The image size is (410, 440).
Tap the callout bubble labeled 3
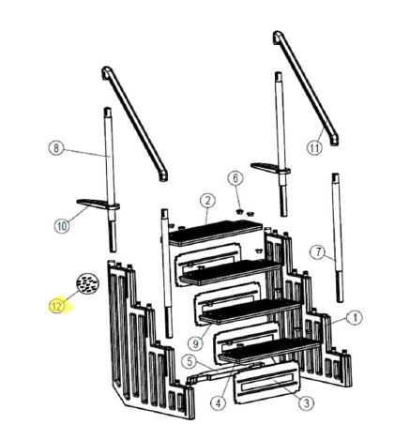304,402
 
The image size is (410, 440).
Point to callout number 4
217,404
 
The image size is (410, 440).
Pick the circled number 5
189,360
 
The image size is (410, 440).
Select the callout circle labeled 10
62,226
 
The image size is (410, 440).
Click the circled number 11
314,147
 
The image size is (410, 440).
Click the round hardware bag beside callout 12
89,284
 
